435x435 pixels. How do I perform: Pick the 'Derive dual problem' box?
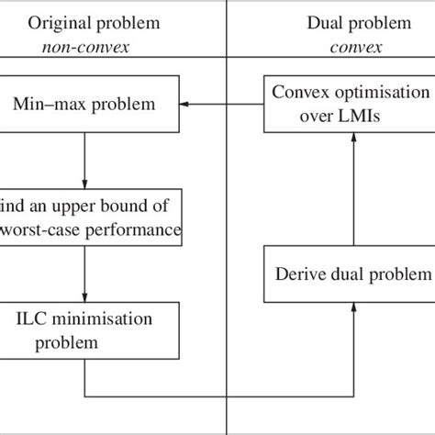click(x=349, y=273)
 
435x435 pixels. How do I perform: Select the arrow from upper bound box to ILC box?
click(x=84, y=275)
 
